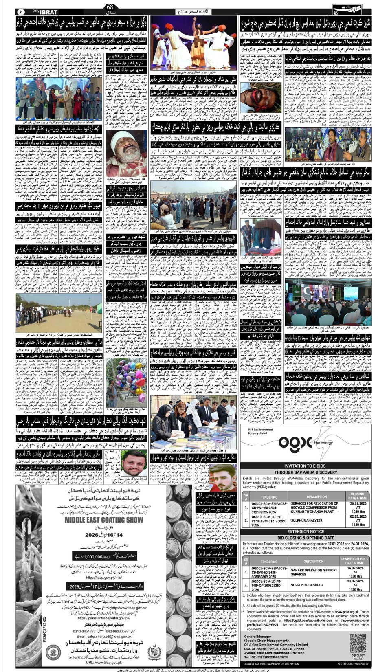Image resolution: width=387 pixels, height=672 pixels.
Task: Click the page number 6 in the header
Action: tap(22, 11)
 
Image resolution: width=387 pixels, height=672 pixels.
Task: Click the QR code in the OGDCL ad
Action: tap(357, 643)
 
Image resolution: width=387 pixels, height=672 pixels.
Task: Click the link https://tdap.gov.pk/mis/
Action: tap(104, 578)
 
